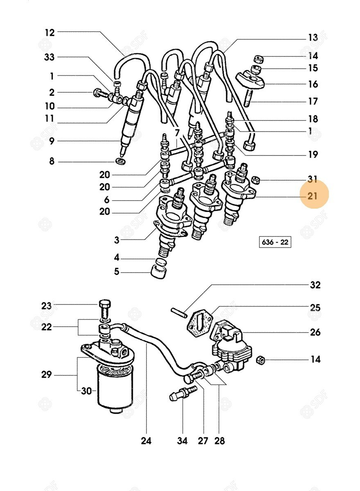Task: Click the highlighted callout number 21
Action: pyautogui.click(x=312, y=196)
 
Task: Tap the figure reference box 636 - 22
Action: pyautogui.click(x=275, y=242)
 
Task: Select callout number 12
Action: pyautogui.click(x=50, y=33)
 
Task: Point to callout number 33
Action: pyautogui.click(x=49, y=57)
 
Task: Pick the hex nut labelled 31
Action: pyautogui.click(x=255, y=180)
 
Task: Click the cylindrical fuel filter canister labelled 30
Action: pyautogui.click(x=115, y=389)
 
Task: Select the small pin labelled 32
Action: pyautogui.click(x=179, y=313)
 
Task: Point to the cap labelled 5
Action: pyautogui.click(x=158, y=272)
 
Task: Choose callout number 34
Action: pyautogui.click(x=182, y=441)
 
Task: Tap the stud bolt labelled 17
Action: pyautogui.click(x=248, y=98)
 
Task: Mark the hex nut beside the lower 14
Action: pyautogui.click(x=260, y=360)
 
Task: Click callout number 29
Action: pyautogui.click(x=47, y=375)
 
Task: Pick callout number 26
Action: pyautogui.click(x=315, y=332)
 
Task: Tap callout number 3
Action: pyautogui.click(x=116, y=240)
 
